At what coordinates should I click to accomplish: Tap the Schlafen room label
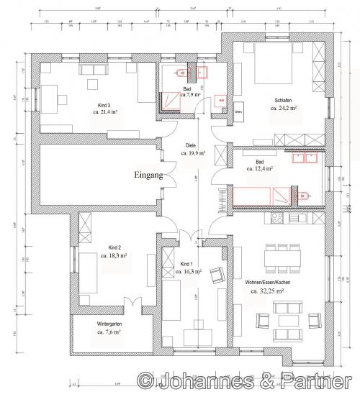(x=284, y=100)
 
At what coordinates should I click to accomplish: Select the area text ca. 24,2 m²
(x=284, y=107)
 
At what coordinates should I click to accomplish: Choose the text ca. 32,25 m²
(x=268, y=291)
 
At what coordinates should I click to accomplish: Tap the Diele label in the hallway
(x=191, y=145)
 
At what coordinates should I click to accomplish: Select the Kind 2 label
(x=113, y=247)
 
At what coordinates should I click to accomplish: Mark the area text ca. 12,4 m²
(x=258, y=169)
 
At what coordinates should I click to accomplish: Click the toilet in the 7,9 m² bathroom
(x=181, y=73)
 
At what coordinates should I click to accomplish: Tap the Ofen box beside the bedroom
(x=238, y=111)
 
